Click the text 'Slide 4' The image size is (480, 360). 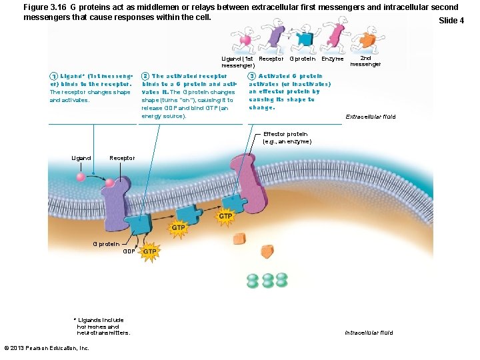pyautogui.click(x=451, y=21)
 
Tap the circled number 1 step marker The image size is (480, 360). pyautogui.click(x=53, y=76)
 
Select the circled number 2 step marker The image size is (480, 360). pyautogui.click(x=146, y=76)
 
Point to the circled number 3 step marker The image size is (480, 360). pyautogui.click(x=252, y=76)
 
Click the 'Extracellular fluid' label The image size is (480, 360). pyautogui.click(x=370, y=117)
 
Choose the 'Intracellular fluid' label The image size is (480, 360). pyautogui.click(x=369, y=333)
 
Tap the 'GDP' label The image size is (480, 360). pyautogui.click(x=129, y=251)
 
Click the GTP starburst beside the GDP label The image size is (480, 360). pyautogui.click(x=150, y=251)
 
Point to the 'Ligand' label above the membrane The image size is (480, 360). pyautogui.click(x=81, y=158)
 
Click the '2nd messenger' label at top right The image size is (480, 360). pyautogui.click(x=365, y=61)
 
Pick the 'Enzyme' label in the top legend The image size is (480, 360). pyautogui.click(x=332, y=59)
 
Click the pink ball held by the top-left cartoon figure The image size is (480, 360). pyautogui.click(x=245, y=40)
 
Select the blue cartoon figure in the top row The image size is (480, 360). pyautogui.click(x=306, y=39)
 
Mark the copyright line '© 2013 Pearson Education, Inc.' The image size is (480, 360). pyautogui.click(x=47, y=348)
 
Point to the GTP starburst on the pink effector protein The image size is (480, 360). pyautogui.click(x=226, y=216)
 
